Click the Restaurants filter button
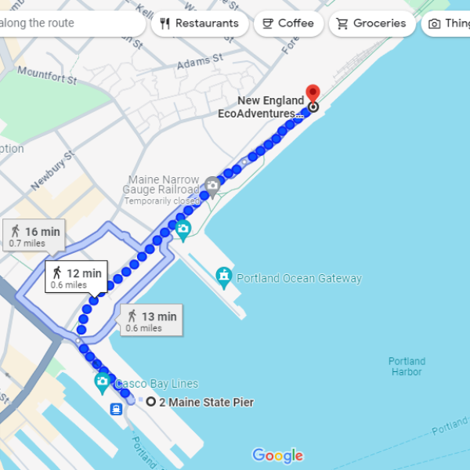click(200, 23)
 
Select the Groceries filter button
click(371, 23)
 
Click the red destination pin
click(313, 93)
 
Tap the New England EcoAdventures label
click(261, 107)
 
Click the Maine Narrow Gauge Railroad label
click(164, 185)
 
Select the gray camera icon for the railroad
click(211, 186)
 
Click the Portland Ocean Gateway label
click(299, 278)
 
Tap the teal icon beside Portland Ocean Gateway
click(225, 277)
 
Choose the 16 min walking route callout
click(35, 235)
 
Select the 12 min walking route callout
click(76, 277)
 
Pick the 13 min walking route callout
click(152, 320)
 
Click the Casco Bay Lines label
click(157, 384)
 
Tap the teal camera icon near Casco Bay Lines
click(102, 382)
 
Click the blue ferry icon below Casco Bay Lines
click(116, 409)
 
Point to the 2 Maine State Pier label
click(206, 403)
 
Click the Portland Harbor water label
click(407, 367)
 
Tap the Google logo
click(277, 455)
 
